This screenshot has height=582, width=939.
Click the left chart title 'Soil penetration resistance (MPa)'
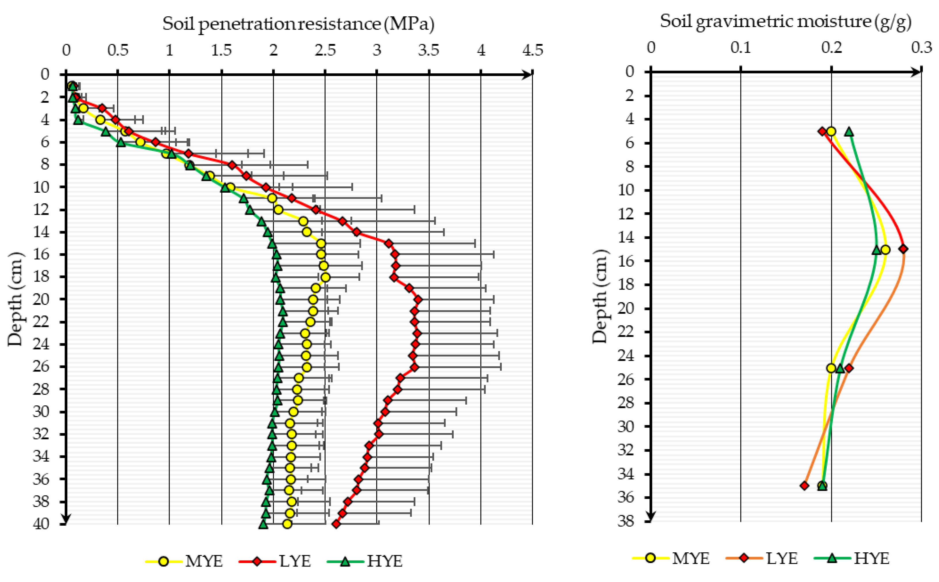[x=298, y=24]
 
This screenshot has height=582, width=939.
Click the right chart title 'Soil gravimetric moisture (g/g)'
[x=785, y=21]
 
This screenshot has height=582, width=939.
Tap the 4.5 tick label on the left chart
[x=533, y=50]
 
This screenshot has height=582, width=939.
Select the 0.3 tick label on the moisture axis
[x=921, y=47]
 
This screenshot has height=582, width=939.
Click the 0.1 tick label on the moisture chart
[x=741, y=47]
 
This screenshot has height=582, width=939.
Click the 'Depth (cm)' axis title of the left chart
[x=16, y=299]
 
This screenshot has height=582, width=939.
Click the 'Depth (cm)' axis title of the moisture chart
[x=600, y=296]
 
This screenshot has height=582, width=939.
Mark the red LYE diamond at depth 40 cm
[x=336, y=524]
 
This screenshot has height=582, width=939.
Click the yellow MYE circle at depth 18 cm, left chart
[x=326, y=277]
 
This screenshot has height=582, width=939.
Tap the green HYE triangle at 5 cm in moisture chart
[x=849, y=132]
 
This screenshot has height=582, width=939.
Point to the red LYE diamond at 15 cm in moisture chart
[x=903, y=249]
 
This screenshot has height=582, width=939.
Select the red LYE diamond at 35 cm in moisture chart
[x=804, y=486]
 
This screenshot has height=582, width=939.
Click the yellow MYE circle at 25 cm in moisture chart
[x=831, y=368]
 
